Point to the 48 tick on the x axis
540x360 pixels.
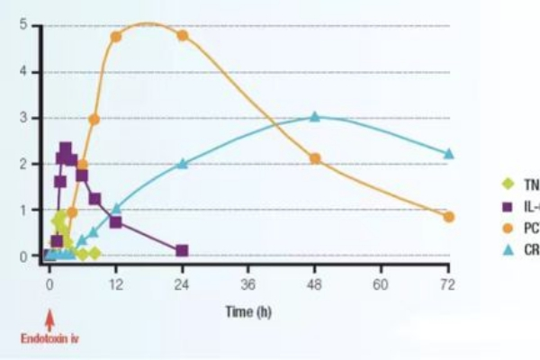click(x=315, y=283)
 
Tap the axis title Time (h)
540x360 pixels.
click(x=249, y=312)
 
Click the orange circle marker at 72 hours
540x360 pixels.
click(x=449, y=217)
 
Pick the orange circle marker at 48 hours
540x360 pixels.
click(x=315, y=158)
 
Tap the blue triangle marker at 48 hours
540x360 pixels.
click(x=315, y=117)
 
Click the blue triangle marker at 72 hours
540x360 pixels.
click(x=449, y=154)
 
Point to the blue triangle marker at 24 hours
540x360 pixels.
click(x=182, y=164)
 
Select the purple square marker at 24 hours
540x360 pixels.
click(x=182, y=250)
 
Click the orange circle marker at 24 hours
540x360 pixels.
click(x=182, y=36)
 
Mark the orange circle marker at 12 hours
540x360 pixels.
click(x=116, y=37)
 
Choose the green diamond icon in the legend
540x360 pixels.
click(x=507, y=184)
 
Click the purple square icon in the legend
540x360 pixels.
click(x=507, y=206)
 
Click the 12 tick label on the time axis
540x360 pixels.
click(x=115, y=283)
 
